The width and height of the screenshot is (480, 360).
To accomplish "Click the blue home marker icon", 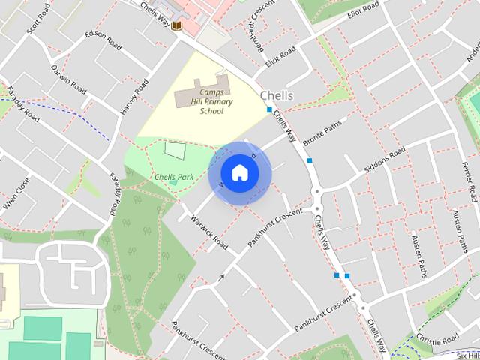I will point(239,173).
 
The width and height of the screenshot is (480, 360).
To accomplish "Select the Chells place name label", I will point(277,95).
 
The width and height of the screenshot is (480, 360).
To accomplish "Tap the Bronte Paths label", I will point(323,131).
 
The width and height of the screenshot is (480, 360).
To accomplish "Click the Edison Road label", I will point(103,40).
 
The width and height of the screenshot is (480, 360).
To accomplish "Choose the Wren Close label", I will point(16,194).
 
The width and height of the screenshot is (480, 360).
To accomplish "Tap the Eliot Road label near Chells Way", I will point(280,55).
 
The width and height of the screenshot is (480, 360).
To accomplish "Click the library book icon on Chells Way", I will point(177,27).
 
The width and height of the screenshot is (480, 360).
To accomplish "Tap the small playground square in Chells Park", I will point(173,150).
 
